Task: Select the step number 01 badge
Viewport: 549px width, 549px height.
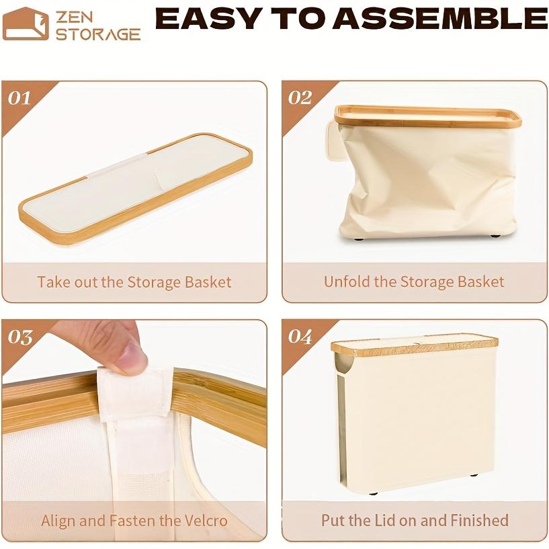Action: click(x=19, y=98)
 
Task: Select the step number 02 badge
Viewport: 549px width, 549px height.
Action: click(x=300, y=98)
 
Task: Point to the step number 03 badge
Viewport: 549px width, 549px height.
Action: click(x=20, y=336)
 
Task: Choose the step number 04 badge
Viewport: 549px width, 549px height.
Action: click(x=300, y=336)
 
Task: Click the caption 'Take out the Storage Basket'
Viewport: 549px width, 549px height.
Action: click(x=134, y=282)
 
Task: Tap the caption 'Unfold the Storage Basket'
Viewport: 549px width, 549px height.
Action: click(x=414, y=282)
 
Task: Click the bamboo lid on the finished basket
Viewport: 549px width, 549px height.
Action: click(x=414, y=345)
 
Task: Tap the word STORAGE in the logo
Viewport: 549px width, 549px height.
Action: click(x=98, y=34)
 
